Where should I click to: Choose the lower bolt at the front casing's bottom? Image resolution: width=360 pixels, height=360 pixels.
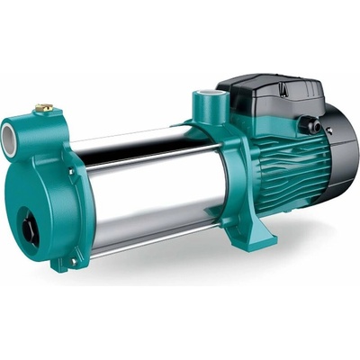[63, 263]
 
